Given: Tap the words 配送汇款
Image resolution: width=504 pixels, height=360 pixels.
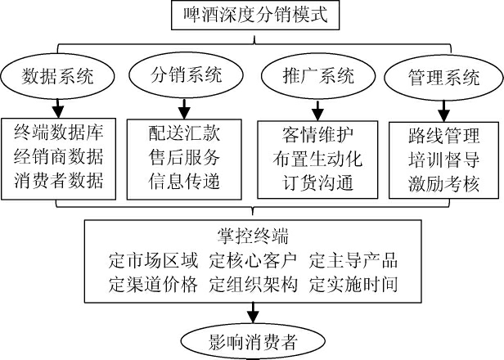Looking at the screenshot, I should coord(184,131).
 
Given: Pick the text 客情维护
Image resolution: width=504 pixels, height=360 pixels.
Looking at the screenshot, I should coord(317,131).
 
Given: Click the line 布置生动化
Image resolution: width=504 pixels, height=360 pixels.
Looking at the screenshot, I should coord(317,155).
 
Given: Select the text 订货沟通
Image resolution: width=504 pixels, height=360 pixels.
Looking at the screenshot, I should coord(317,181).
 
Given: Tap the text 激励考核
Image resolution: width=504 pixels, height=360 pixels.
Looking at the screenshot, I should coord(444,181).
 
